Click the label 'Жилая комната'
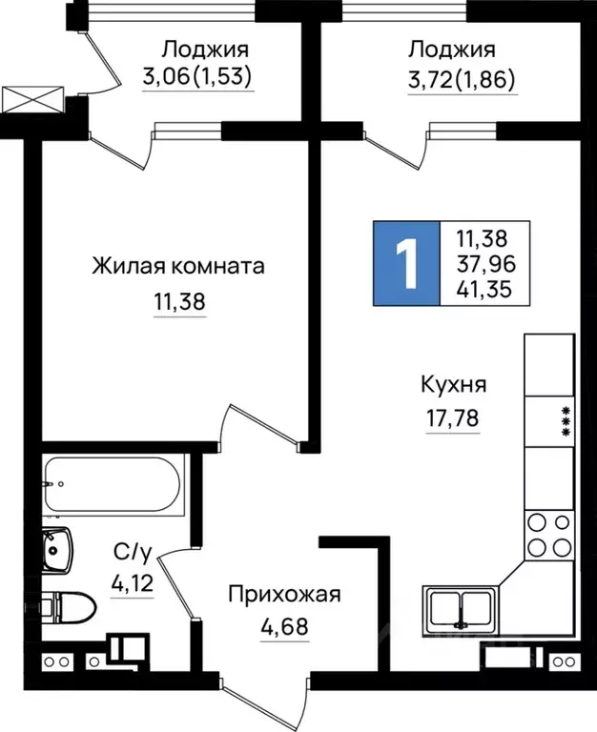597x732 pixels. pyautogui.click(x=177, y=266)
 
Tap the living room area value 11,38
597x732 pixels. pyautogui.click(x=177, y=303)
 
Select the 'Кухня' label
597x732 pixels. pyautogui.click(x=454, y=386)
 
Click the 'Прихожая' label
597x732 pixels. pyautogui.click(x=284, y=596)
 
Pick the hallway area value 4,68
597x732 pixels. pyautogui.click(x=284, y=629)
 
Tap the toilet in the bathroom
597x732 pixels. pyautogui.click(x=69, y=606)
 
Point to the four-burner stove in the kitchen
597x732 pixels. pyautogui.click(x=549, y=535)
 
